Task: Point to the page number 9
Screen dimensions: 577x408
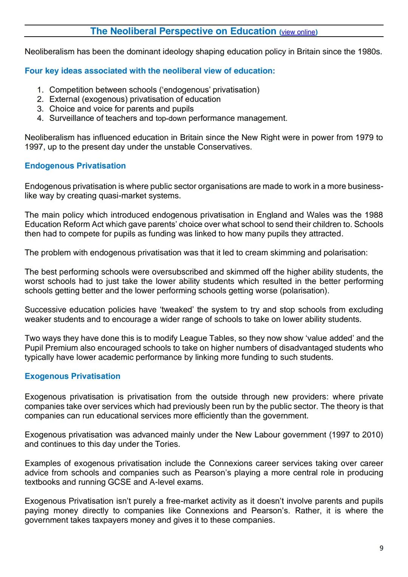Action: (x=381, y=548)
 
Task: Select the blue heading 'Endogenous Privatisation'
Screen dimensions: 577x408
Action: (x=75, y=166)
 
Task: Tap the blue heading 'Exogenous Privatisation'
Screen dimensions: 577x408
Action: (x=73, y=376)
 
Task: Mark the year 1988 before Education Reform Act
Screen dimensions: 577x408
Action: (x=373, y=215)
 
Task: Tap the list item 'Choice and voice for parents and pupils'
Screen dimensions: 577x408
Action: (x=121, y=109)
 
